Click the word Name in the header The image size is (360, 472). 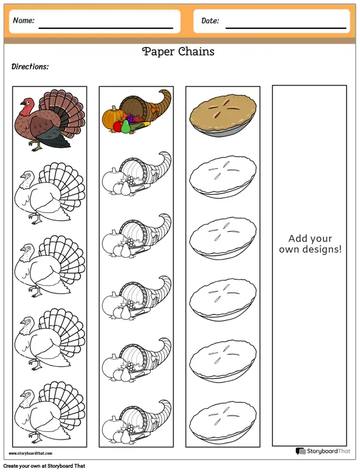click(x=23, y=20)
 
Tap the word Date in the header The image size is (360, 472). click(x=209, y=20)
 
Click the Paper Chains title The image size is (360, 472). click(x=178, y=52)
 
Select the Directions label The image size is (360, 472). click(x=30, y=67)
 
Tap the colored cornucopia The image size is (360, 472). click(x=137, y=111)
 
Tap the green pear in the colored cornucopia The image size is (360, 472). click(x=125, y=126)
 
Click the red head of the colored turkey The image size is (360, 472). click(x=26, y=105)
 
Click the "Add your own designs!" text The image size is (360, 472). click(x=310, y=244)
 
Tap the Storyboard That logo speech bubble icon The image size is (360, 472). click(x=301, y=451)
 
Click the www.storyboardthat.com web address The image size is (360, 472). click(x=31, y=453)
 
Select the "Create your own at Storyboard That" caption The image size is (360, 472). click(x=44, y=466)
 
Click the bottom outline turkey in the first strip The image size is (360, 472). click(x=50, y=413)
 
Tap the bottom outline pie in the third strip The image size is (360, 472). click(x=223, y=422)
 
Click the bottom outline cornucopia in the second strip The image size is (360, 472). click(x=137, y=422)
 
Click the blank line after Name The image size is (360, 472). click(x=106, y=28)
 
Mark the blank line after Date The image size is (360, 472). click(x=286, y=28)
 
